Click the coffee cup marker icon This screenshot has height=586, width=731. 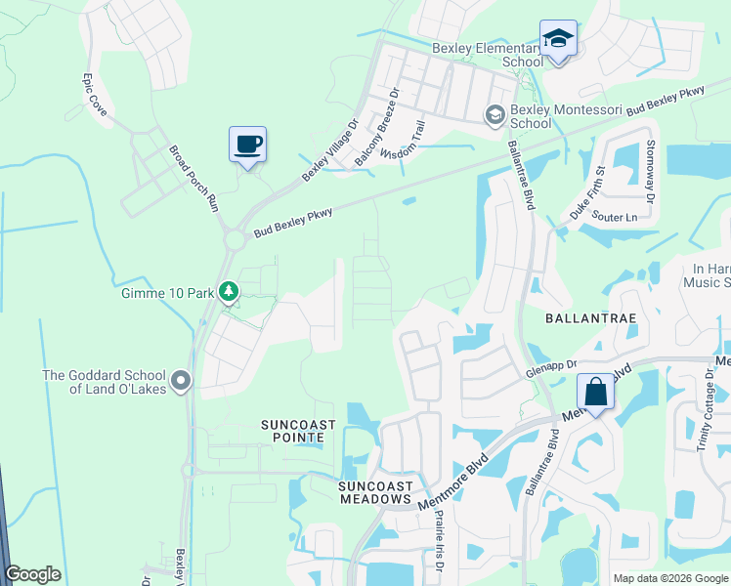pyautogui.click(x=247, y=145)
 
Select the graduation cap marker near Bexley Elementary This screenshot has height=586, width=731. pyautogui.click(x=558, y=39)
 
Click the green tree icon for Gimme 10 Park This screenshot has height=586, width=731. pyautogui.click(x=228, y=291)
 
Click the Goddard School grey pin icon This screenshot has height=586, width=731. pyautogui.click(x=180, y=380)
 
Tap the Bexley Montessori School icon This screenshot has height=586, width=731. pyautogui.click(x=494, y=115)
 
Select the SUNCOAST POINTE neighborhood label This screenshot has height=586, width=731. pyautogui.click(x=298, y=431)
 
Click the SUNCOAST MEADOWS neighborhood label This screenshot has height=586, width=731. pyautogui.click(x=373, y=492)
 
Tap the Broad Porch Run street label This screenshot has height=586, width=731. pyautogui.click(x=193, y=179)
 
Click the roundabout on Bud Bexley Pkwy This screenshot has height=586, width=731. pyautogui.click(x=236, y=239)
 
